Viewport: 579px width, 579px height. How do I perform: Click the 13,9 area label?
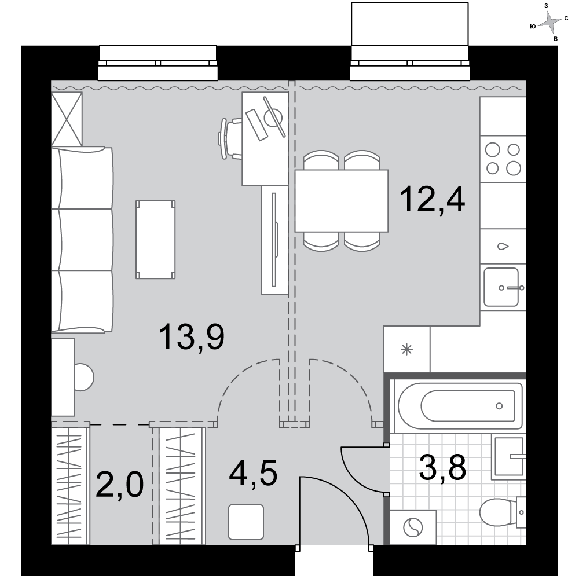(191, 336)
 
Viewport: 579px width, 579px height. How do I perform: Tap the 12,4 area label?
(432, 199)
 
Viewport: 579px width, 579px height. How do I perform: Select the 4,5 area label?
(253, 474)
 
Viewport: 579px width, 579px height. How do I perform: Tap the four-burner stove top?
(503, 159)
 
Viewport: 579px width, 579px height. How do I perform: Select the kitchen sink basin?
(501, 287)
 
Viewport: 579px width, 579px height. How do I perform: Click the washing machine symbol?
(413, 527)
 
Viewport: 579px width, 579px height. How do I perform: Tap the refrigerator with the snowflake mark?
(406, 349)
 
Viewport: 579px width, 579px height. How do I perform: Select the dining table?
(342, 201)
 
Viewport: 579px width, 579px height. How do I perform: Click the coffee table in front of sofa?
(155, 240)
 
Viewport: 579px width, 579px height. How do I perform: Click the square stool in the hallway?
(246, 522)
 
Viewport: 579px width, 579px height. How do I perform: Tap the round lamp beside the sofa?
(84, 378)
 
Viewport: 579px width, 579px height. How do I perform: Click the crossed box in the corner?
(67, 119)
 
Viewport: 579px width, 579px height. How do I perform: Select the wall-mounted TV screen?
(274, 240)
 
